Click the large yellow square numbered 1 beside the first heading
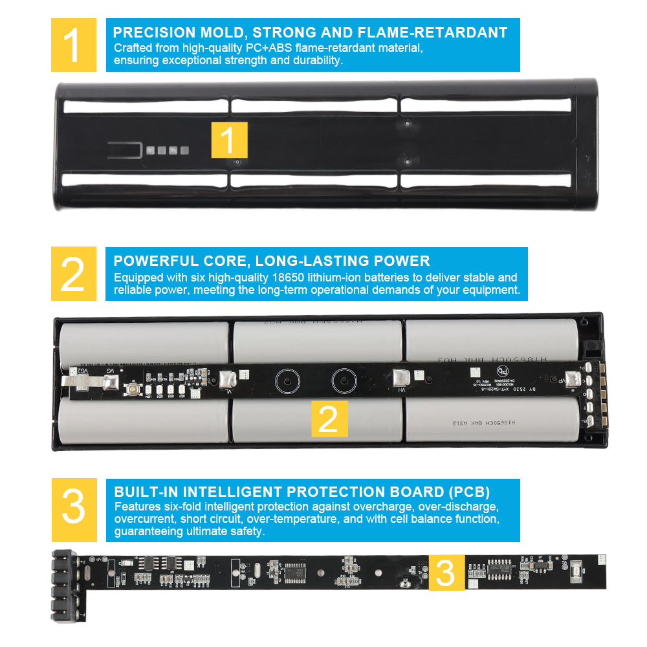pyautogui.click(x=73, y=45)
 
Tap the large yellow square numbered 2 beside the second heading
pyautogui.click(x=73, y=274)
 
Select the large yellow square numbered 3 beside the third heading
pyautogui.click(x=73, y=510)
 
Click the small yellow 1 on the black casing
pyautogui.click(x=229, y=140)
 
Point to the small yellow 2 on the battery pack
pyautogui.click(x=329, y=419)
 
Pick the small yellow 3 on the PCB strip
pyautogui.click(x=446, y=573)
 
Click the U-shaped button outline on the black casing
pyautogui.click(x=125, y=149)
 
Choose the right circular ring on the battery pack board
pyautogui.click(x=344, y=381)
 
